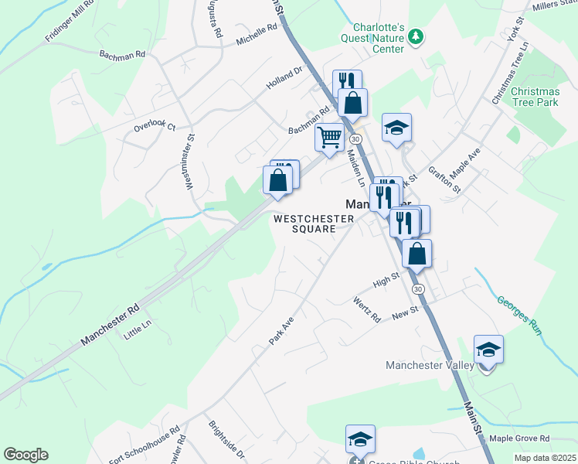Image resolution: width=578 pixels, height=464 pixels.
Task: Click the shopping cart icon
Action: [x=330, y=138]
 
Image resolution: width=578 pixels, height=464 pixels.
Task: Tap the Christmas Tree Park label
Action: [x=535, y=97]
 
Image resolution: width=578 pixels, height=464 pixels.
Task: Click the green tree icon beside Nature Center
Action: [x=416, y=36]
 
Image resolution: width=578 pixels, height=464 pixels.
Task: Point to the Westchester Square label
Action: [x=314, y=223]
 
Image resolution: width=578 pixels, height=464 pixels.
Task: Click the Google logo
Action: [x=25, y=455]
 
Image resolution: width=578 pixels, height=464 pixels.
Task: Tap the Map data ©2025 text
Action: [x=545, y=458]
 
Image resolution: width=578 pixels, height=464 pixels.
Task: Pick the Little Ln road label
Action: [x=138, y=331]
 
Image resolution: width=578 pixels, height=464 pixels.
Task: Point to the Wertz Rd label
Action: [x=367, y=309]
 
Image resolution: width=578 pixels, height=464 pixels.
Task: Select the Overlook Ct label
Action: [x=155, y=126]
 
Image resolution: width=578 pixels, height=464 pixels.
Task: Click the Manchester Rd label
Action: [x=110, y=325]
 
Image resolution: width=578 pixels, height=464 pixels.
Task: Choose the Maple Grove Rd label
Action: [x=519, y=438]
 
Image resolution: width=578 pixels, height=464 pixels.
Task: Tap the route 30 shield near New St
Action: [x=418, y=288]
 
